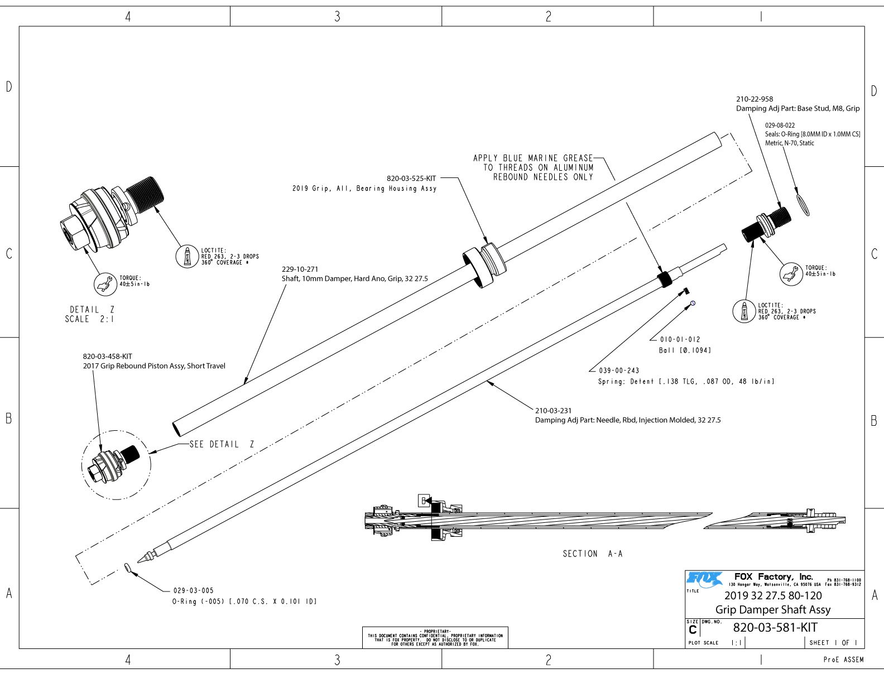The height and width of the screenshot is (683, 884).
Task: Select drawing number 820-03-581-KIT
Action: pos(775,627)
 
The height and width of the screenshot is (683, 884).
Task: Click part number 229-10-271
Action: pos(300,269)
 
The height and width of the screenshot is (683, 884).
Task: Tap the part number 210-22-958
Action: pos(755,99)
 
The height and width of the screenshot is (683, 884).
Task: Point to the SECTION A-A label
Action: pos(592,554)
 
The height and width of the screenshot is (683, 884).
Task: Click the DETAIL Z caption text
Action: pos(92,310)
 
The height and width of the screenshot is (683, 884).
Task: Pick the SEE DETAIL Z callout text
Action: pos(222,444)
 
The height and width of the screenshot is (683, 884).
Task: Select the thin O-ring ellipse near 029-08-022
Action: pos(803,204)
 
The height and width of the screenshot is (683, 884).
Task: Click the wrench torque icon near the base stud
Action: pos(790,273)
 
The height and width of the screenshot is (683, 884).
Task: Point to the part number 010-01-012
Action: pos(680,339)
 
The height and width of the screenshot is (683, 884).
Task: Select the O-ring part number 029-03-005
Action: pos(193,590)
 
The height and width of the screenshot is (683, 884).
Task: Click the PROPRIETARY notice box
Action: pos(435,637)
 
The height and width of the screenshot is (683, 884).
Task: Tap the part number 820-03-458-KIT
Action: pos(108,356)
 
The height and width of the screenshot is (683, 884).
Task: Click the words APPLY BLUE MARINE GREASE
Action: pos(533,158)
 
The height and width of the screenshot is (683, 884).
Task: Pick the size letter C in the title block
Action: pos(693,630)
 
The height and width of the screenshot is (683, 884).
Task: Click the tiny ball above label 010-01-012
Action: pos(693,303)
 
